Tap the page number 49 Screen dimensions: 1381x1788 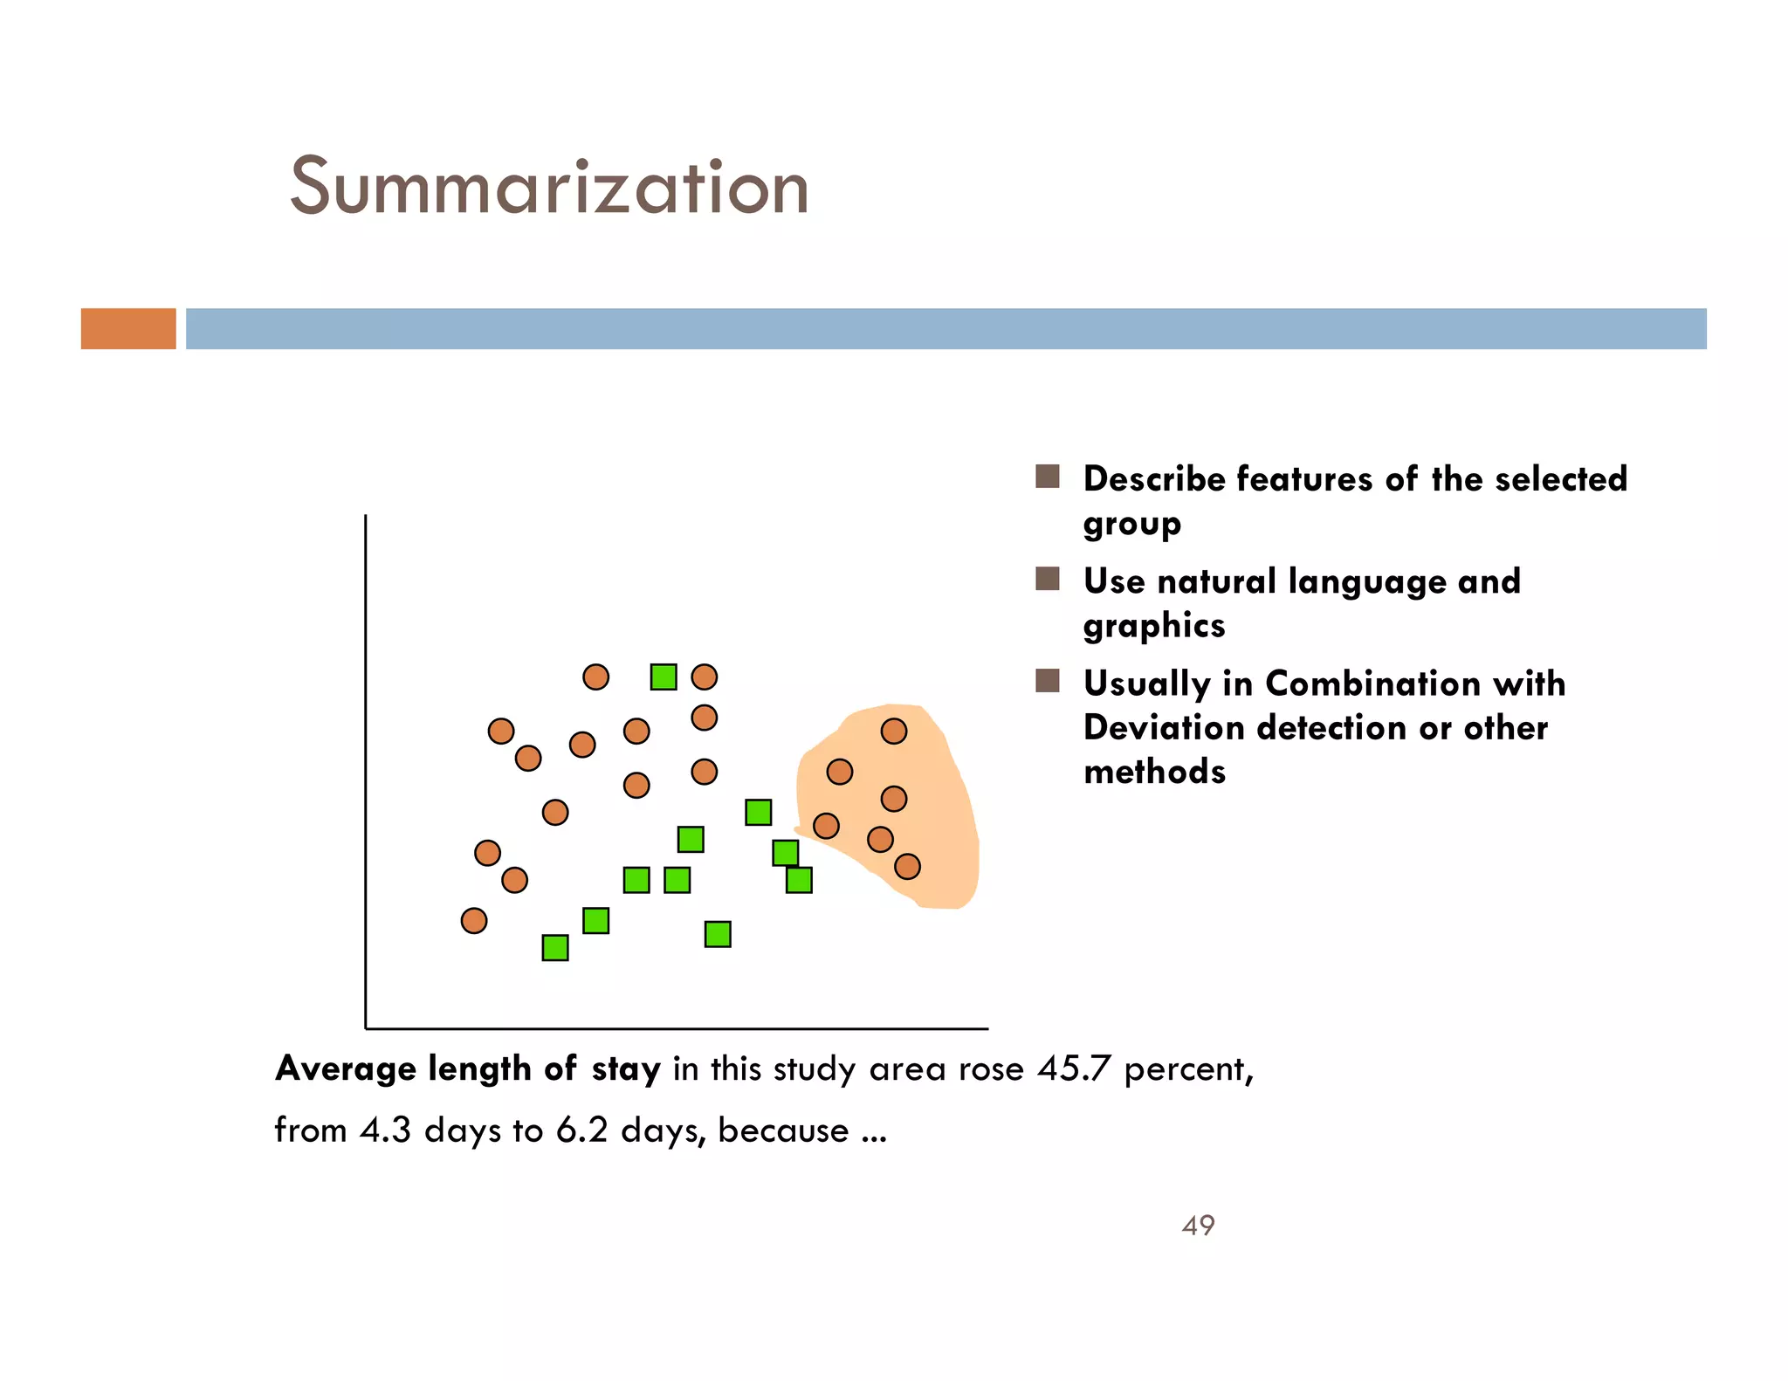pyautogui.click(x=1198, y=1225)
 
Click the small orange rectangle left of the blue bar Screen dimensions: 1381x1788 pyautogui.click(x=128, y=328)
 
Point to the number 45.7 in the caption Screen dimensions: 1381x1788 pyautogui.click(x=1074, y=1068)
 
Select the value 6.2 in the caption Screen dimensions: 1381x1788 pyautogui.click(x=581, y=1130)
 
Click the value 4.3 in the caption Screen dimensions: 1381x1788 pyautogui.click(x=385, y=1130)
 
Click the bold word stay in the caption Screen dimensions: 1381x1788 pyautogui.click(x=625, y=1068)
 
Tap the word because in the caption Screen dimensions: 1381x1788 pyautogui.click(x=783, y=1130)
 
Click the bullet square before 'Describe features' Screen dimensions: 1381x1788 pyautogui.click(x=1047, y=477)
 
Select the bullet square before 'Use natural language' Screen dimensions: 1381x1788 pyautogui.click(x=1047, y=579)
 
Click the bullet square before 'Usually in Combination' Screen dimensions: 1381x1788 pyautogui.click(x=1047, y=681)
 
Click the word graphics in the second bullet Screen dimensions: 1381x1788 pyautogui.click(x=1154, y=626)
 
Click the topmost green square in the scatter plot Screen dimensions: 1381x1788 pyautogui.click(x=664, y=677)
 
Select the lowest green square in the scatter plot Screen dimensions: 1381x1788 pyautogui.click(x=555, y=947)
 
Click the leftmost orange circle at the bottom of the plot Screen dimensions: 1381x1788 pyautogui.click(x=473, y=920)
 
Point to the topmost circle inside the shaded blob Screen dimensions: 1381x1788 pyautogui.click(x=893, y=731)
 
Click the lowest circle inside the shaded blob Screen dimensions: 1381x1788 pyautogui.click(x=907, y=866)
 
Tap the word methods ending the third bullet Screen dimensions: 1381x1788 pyautogui.click(x=1154, y=772)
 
